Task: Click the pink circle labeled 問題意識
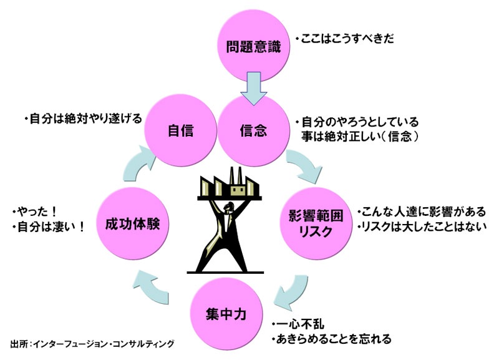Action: [253, 46]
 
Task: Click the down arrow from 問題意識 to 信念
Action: [253, 87]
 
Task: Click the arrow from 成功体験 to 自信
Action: [135, 163]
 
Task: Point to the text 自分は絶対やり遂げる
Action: [82, 117]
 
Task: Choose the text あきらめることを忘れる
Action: [331, 339]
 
